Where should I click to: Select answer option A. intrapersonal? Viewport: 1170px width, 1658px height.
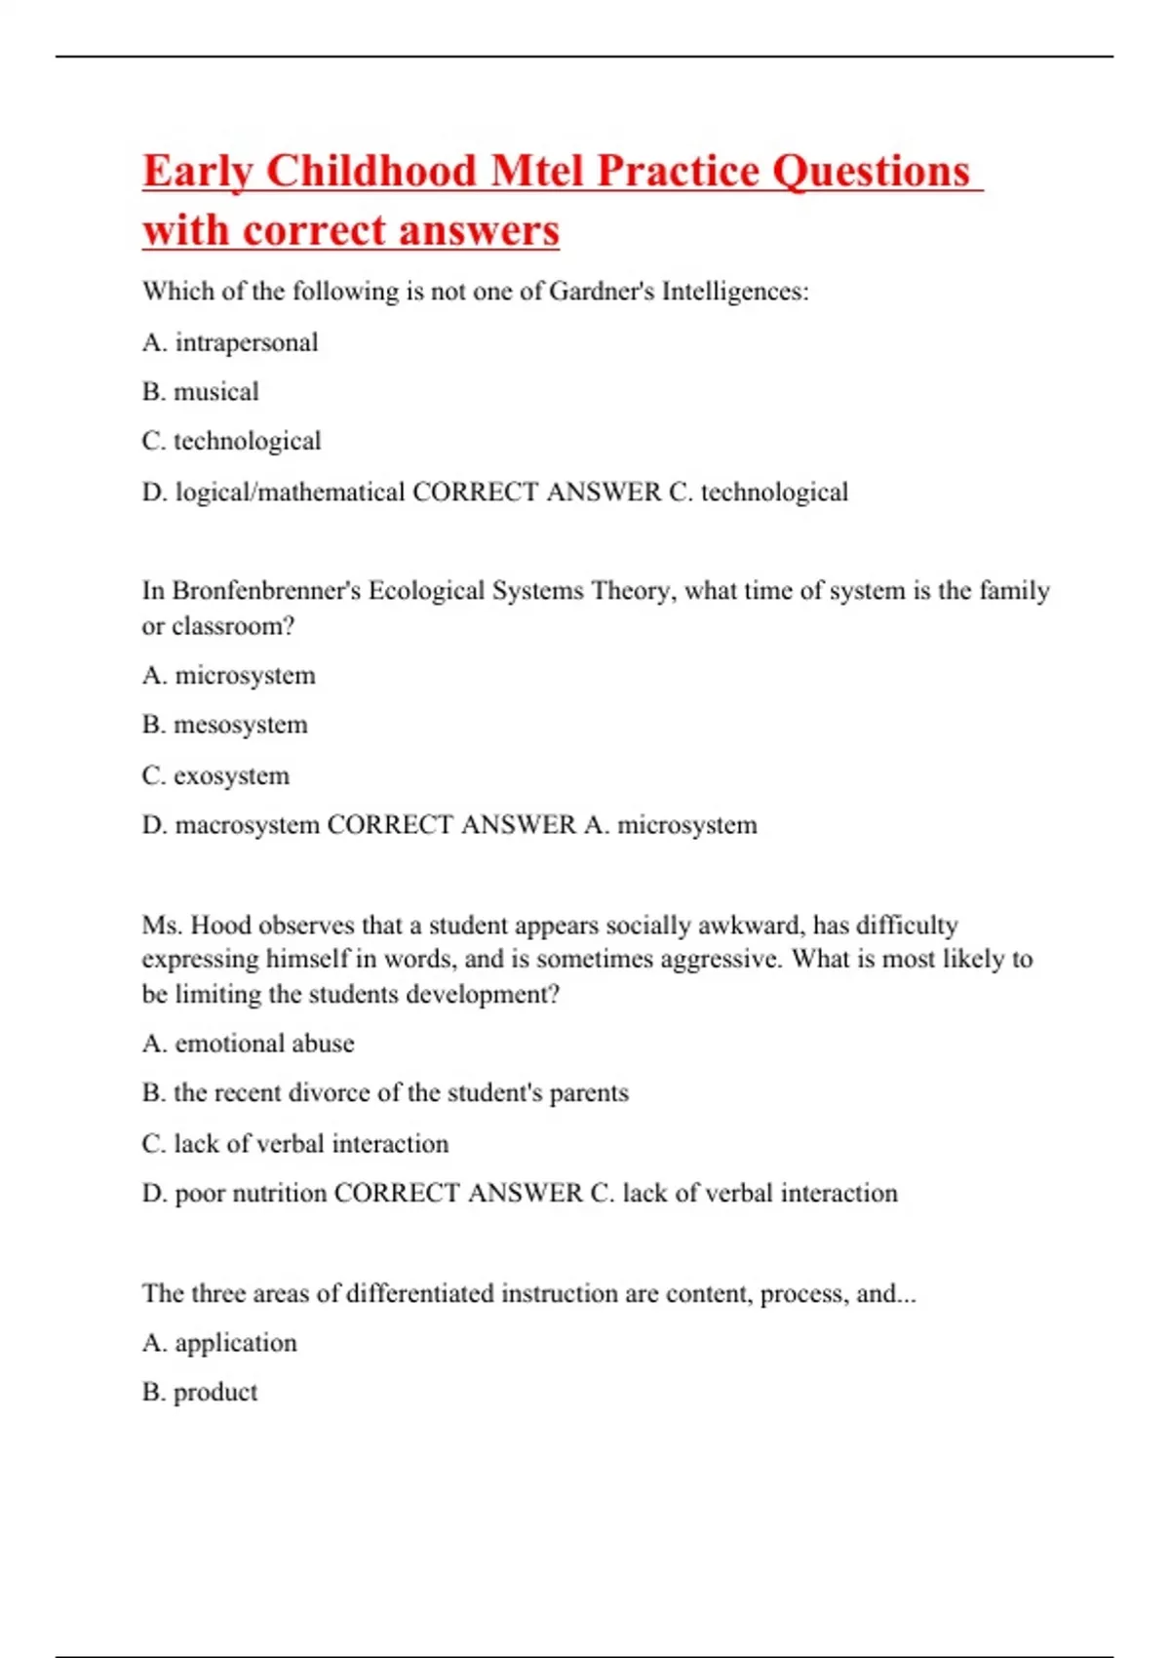230,342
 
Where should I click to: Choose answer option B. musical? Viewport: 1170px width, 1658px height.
201,392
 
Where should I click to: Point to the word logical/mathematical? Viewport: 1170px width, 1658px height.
290,492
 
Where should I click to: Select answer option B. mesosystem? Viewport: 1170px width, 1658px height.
224,725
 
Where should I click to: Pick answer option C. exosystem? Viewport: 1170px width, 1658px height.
215,775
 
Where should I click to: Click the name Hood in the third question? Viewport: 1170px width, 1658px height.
221,925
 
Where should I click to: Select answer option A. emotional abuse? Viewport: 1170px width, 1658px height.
248,1044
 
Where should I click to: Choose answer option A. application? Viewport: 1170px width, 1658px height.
219,1343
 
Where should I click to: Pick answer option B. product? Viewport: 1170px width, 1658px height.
200,1393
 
